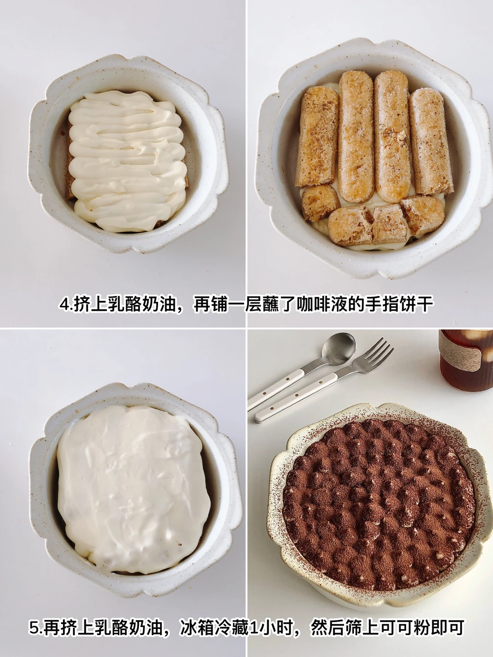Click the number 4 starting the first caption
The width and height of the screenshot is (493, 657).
(x=64, y=305)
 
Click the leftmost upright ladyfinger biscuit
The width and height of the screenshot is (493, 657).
(x=317, y=136)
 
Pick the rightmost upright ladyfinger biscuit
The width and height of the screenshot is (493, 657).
(x=431, y=142)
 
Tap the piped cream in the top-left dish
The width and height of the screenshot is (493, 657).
(x=127, y=160)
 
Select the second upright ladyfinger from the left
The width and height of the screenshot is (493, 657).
(x=357, y=136)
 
